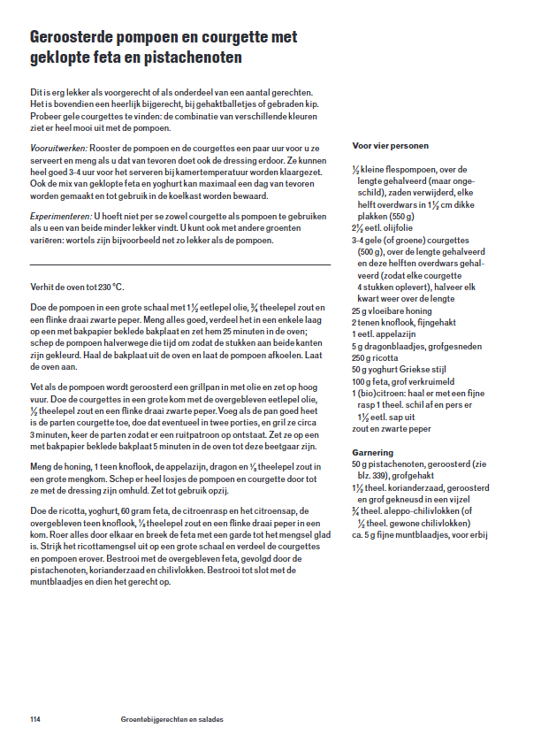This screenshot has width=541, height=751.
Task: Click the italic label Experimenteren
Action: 61,215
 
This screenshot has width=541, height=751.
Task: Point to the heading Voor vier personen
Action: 391,145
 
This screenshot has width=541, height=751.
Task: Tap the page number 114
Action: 35,719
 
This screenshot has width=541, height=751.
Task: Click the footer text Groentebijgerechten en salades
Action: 172,719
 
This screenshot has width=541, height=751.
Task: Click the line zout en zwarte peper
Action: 392,428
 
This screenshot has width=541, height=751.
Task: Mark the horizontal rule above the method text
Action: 180,264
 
